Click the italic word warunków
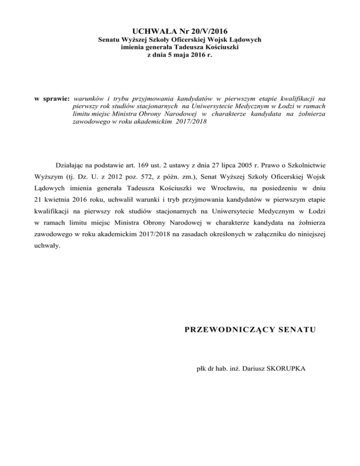point(90,99)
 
